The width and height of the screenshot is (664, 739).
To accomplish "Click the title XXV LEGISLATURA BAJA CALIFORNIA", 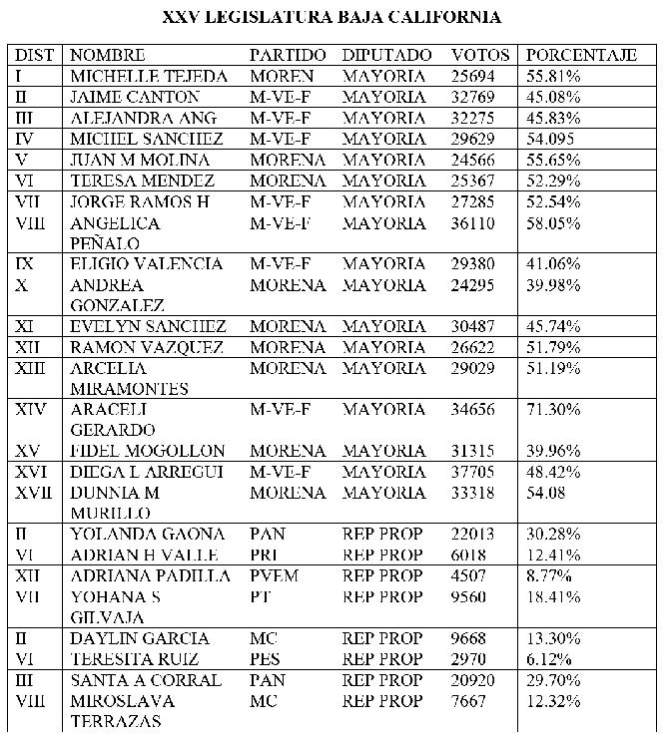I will click(x=332, y=18).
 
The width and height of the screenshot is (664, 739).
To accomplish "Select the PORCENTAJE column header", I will click(x=581, y=55).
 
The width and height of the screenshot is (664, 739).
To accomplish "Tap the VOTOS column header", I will click(x=480, y=55).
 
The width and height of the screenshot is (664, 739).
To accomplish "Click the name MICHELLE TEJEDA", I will click(x=150, y=76).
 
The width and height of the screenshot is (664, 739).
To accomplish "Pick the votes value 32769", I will click(x=473, y=97).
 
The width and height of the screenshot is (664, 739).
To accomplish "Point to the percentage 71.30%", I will click(x=553, y=409).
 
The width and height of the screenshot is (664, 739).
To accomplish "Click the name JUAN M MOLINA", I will click(x=140, y=160).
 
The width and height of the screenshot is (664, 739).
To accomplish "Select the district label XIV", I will click(x=34, y=409).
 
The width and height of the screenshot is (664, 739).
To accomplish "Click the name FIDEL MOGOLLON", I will click(x=148, y=451).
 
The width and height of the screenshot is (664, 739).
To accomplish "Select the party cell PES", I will click(x=266, y=659).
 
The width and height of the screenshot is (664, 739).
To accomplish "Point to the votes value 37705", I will click(x=473, y=472).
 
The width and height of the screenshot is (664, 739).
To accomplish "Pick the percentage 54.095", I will click(x=553, y=139).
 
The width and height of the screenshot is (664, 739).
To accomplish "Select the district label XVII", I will click(x=38, y=493).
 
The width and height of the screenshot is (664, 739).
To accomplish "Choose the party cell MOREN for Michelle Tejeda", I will click(x=281, y=76).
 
